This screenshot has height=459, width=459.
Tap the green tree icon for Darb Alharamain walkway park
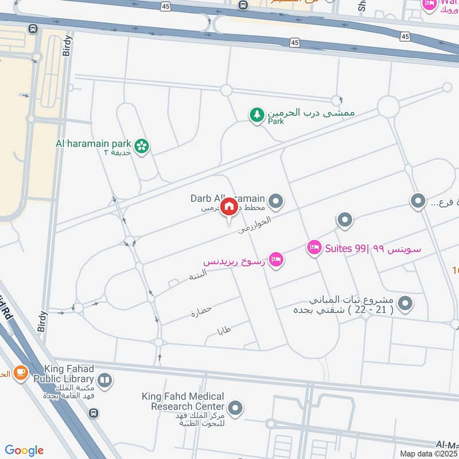pos(257,115)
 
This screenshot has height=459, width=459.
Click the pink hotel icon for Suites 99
pos(314,248)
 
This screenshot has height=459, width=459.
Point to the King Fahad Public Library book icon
pos(105,379)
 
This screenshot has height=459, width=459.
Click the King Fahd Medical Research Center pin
pos(235,409)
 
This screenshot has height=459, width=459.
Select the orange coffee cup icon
pos(21,373)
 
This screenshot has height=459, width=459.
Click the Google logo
pos(24,450)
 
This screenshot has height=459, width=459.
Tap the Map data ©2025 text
pos(429,454)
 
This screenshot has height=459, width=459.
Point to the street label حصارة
pos(202,312)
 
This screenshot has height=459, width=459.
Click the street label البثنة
pos(198,274)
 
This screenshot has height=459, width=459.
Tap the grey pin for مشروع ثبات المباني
pos(406,304)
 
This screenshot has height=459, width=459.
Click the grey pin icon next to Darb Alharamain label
pos(277,201)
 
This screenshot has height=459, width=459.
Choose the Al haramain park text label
pos(94,143)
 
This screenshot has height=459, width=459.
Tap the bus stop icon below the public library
pos(94,413)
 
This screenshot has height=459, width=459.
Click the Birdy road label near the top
pos(66,44)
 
